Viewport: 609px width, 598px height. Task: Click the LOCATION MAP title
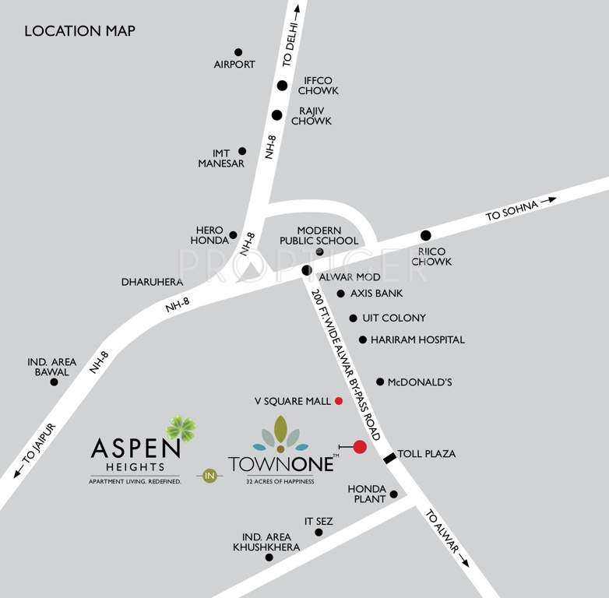pyautogui.click(x=79, y=31)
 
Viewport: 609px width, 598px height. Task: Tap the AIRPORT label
pyautogui.click(x=234, y=65)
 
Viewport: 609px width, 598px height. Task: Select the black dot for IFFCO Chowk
pyautogui.click(x=283, y=86)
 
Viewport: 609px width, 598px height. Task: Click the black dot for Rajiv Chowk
pyautogui.click(x=276, y=115)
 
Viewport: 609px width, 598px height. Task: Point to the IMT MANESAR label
pyautogui.click(x=221, y=158)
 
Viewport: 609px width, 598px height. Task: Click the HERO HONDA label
pyautogui.click(x=209, y=236)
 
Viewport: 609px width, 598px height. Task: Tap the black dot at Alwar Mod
pyautogui.click(x=306, y=270)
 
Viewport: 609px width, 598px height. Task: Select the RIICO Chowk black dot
pyautogui.click(x=425, y=235)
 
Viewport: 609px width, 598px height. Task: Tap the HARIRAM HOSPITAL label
pyautogui.click(x=417, y=340)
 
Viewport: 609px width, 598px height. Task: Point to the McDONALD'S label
pyautogui.click(x=421, y=382)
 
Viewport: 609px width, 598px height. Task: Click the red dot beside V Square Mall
pyautogui.click(x=339, y=401)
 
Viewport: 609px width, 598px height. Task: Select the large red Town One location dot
pyautogui.click(x=360, y=447)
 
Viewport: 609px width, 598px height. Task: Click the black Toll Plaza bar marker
pyautogui.click(x=389, y=458)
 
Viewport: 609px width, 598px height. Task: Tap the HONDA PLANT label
pyautogui.click(x=367, y=494)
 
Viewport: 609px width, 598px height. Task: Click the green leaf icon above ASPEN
pyautogui.click(x=181, y=428)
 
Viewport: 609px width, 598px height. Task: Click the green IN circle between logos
pyautogui.click(x=208, y=474)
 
